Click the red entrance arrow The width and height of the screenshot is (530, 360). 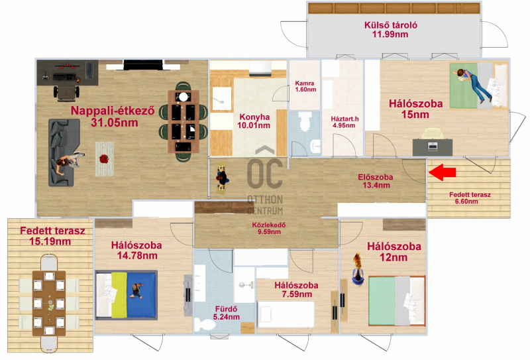pyautogui.click(x=442, y=172)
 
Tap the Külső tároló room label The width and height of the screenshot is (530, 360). pyautogui.click(x=390, y=29)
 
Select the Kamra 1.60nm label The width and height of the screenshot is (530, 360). pyautogui.click(x=305, y=86)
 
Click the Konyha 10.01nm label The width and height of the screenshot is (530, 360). pyautogui.click(x=254, y=121)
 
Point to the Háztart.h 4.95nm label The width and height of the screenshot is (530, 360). pyautogui.click(x=344, y=122)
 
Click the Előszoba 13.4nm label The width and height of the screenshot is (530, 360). pyautogui.click(x=376, y=181)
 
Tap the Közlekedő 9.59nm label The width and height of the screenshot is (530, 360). pyautogui.click(x=269, y=228)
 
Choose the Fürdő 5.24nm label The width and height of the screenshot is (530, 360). pyautogui.click(x=226, y=313)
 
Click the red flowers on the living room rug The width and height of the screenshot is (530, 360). pyautogui.click(x=104, y=158)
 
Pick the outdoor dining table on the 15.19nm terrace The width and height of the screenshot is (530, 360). pyautogui.click(x=49, y=303)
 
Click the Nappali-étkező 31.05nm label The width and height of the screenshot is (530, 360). pyautogui.click(x=113, y=117)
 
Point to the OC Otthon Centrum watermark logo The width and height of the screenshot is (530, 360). pyautogui.click(x=265, y=181)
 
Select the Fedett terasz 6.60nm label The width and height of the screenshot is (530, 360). pyautogui.click(x=470, y=198)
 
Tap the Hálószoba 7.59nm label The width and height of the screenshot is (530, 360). pyautogui.click(x=296, y=290)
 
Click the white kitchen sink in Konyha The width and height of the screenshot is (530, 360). pyautogui.click(x=221, y=99)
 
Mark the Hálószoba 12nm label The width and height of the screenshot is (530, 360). pyautogui.click(x=394, y=252)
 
